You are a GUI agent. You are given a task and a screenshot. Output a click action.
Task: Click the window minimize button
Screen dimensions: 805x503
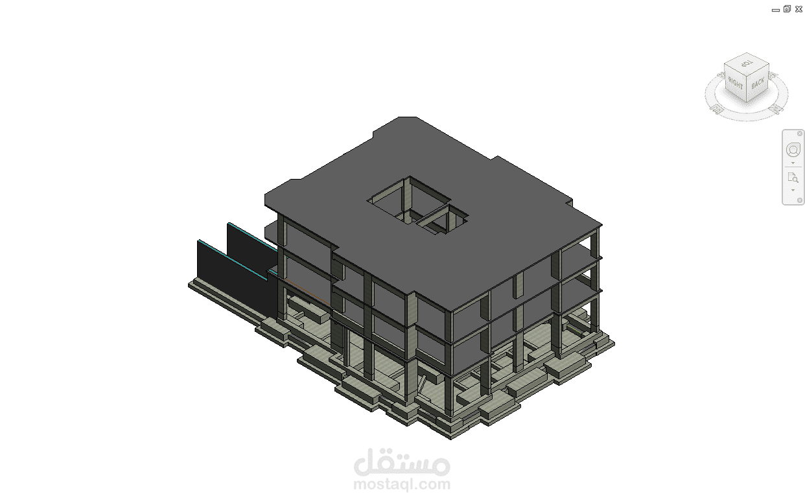coord(776,10)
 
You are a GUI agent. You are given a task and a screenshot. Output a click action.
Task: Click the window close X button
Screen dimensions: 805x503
coord(799,9)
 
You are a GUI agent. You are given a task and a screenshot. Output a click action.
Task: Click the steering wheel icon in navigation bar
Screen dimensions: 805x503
coord(793,150)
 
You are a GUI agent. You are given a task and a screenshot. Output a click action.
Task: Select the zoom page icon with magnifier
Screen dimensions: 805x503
coord(793,178)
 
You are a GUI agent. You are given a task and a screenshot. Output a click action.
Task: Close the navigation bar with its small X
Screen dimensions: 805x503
coord(800,134)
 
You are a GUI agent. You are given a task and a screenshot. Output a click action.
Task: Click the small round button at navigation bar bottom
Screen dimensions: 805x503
coord(800,200)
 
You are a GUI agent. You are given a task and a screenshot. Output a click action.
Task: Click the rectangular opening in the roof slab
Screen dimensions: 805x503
coord(417,205)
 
